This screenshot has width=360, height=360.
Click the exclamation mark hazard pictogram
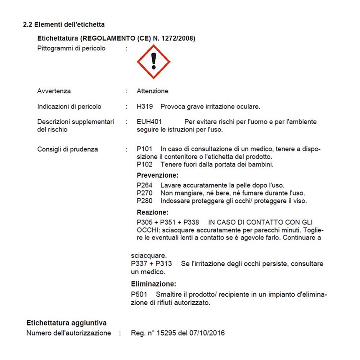click(154, 62)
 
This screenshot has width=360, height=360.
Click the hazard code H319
click(144, 107)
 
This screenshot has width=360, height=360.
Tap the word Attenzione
click(152, 91)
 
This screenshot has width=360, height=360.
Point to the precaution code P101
click(144, 149)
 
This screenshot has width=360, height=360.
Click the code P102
click(144, 165)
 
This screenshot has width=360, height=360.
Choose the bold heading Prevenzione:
click(158, 176)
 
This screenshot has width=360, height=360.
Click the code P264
click(144, 186)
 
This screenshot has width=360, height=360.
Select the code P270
click(144, 193)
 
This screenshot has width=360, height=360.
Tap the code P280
click(144, 201)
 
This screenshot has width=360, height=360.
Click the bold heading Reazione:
click(152, 213)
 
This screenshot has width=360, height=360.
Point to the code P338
click(191, 222)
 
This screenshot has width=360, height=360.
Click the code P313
click(164, 264)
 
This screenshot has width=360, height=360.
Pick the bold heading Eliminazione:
click(154, 284)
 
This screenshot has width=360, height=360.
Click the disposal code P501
click(139, 295)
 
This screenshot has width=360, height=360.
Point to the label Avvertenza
click(54, 91)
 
